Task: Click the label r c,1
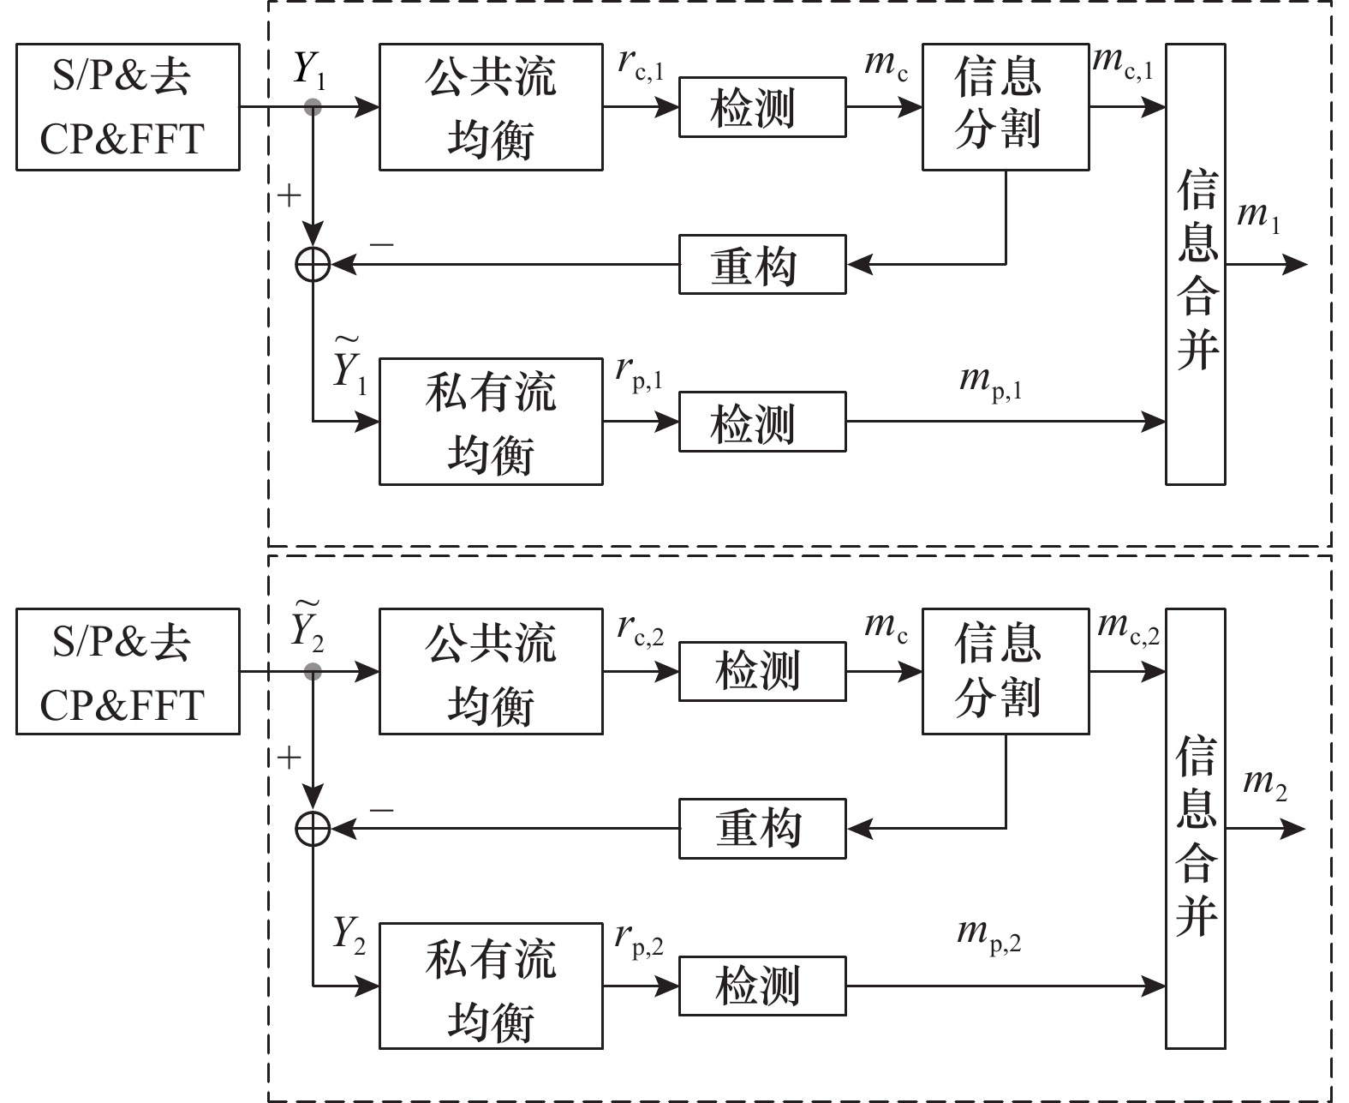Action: click(x=641, y=66)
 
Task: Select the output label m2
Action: click(x=1264, y=784)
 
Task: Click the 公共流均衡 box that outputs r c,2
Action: click(x=491, y=672)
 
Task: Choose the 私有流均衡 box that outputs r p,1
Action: click(x=491, y=422)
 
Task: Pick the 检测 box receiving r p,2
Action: click(x=762, y=986)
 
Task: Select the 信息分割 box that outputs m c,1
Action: click(x=1005, y=107)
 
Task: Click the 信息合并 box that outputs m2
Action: click(x=1195, y=829)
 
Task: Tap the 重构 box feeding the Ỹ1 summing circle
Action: click(x=762, y=265)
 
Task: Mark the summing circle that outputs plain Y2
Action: click(x=313, y=829)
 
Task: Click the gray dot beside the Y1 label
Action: click(x=313, y=107)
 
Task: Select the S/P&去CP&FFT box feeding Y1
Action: click(x=128, y=107)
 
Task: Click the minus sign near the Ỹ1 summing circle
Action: click(x=382, y=245)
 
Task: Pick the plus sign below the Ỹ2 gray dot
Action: click(x=291, y=758)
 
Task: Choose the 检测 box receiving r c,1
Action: click(x=762, y=107)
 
